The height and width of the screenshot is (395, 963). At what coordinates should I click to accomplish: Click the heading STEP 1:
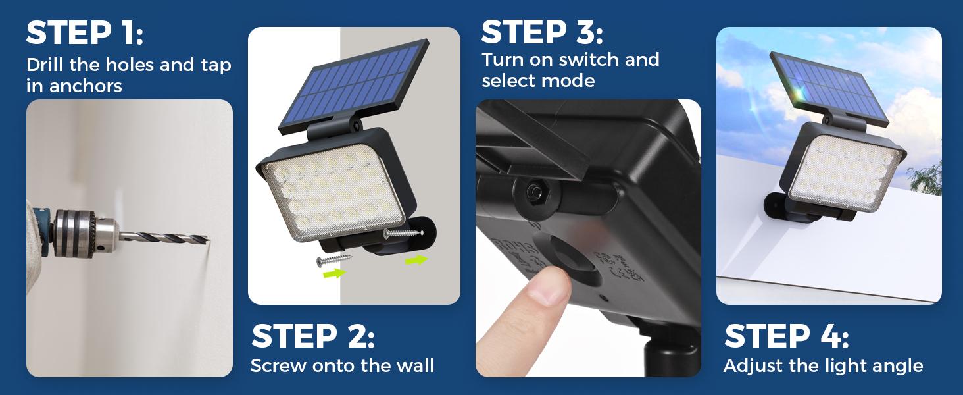click(84, 34)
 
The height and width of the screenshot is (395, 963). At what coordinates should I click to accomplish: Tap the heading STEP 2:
click(313, 336)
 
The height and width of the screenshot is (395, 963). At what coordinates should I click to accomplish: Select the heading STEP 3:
click(542, 32)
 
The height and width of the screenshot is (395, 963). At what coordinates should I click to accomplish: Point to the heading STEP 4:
click(786, 336)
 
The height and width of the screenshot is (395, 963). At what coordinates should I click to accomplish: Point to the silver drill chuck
click(82, 231)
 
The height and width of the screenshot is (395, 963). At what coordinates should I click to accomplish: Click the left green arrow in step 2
click(335, 273)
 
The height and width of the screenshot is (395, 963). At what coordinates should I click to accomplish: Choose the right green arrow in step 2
click(415, 260)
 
